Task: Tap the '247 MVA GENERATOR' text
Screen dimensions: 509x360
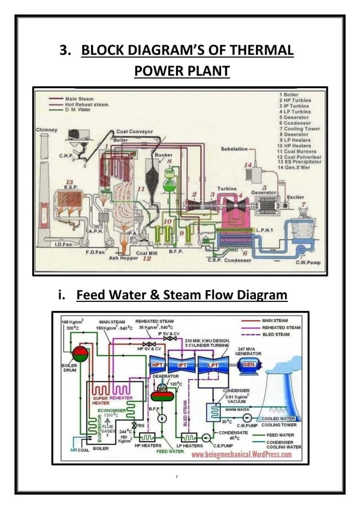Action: coord(250,351)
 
